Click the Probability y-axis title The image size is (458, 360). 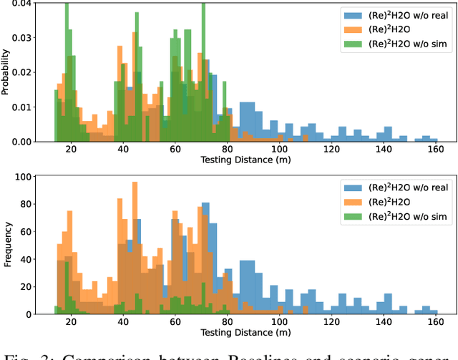click(6, 72)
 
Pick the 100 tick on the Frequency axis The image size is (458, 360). click(21, 176)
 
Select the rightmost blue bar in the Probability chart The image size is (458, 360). click(433, 138)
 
